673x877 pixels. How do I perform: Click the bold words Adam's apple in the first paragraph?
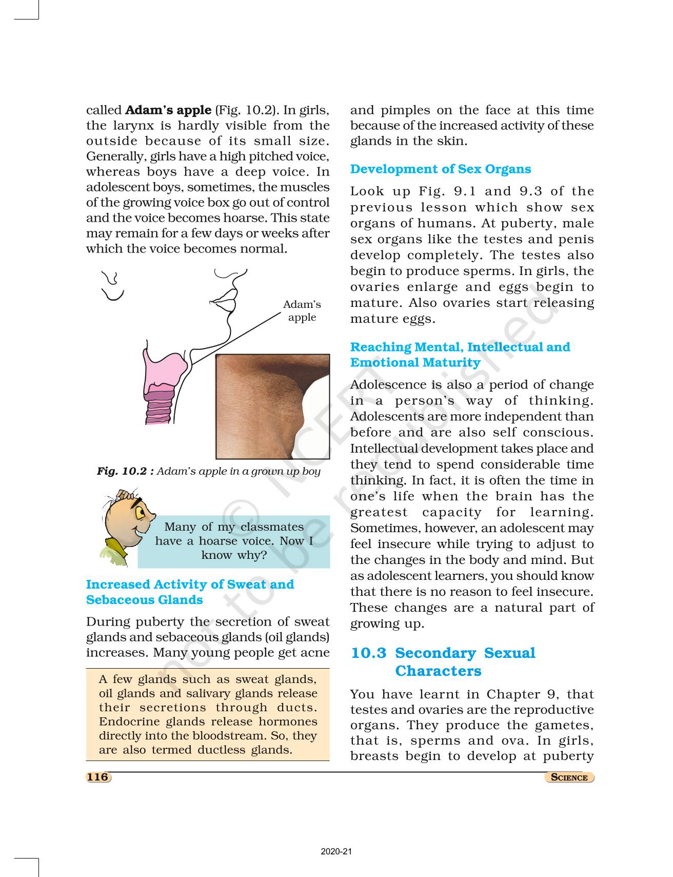(168, 110)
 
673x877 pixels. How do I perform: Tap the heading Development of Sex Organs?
(440, 169)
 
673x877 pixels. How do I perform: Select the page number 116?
(97, 777)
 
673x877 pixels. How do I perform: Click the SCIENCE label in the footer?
(569, 777)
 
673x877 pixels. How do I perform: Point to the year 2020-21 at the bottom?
(336, 851)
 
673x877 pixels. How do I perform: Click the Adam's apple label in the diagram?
(302, 311)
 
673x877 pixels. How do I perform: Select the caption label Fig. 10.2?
(125, 471)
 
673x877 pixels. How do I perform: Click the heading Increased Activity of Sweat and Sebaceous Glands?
(190, 592)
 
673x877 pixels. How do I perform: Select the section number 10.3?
(368, 653)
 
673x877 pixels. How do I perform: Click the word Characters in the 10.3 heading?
(438, 671)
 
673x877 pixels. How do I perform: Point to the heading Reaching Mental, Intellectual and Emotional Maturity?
(460, 355)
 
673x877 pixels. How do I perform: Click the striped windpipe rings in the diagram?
(160, 408)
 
